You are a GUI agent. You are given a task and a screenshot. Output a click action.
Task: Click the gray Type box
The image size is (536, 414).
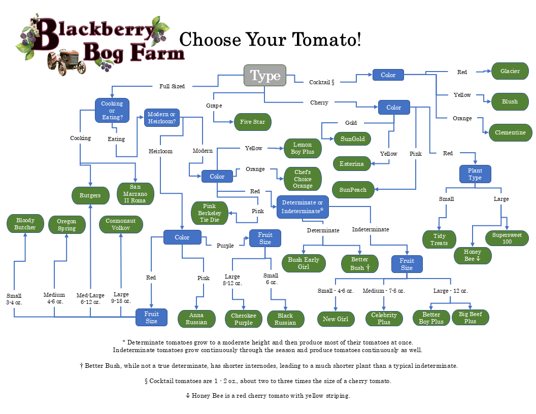[265, 76]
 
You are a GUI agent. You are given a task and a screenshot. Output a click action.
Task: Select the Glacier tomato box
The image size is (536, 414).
[510, 71]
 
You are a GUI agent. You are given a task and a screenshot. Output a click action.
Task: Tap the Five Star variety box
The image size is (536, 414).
[252, 122]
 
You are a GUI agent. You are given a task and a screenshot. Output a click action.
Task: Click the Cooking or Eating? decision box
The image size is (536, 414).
[112, 111]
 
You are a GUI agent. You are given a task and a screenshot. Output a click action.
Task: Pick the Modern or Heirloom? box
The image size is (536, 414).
[162, 118]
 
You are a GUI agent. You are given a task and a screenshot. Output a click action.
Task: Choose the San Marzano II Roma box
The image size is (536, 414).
[135, 194]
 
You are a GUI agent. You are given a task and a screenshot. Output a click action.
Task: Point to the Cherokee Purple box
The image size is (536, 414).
[244, 319]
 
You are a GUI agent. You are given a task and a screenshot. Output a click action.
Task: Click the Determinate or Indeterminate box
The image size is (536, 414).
[303, 206]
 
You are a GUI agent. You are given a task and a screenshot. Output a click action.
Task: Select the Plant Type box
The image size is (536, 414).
[475, 174]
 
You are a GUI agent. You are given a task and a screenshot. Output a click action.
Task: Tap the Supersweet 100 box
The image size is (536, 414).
[509, 238]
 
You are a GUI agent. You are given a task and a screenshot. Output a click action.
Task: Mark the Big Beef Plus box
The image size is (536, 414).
[470, 318]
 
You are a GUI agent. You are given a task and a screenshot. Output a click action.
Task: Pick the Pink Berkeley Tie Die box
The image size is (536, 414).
[210, 213]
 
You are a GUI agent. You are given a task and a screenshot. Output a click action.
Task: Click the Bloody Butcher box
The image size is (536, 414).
[25, 224]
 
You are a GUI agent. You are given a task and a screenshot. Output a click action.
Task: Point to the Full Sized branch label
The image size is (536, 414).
[172, 86]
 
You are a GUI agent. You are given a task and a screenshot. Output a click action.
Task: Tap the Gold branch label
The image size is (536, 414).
[351, 123]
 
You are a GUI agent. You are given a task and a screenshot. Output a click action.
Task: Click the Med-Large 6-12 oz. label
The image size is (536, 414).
[90, 298]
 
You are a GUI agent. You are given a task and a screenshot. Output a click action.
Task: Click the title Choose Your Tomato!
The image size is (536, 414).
[270, 40]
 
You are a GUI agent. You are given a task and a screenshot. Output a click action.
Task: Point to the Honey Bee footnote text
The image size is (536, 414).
[268, 395]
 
